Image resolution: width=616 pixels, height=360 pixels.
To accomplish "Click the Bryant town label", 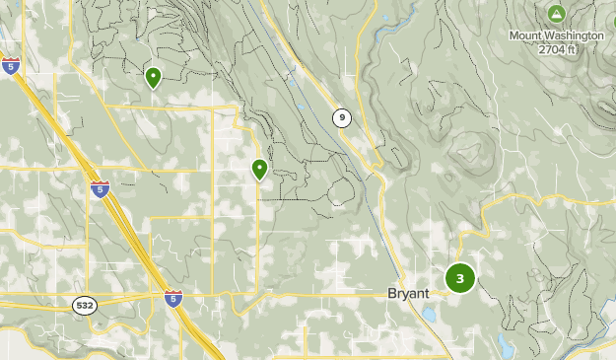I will coord(407,294).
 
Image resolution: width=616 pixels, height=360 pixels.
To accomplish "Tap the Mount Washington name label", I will coord(556,36).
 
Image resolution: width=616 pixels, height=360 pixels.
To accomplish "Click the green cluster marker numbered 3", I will coord(460,278).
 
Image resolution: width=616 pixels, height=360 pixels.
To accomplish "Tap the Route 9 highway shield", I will coord(341,118).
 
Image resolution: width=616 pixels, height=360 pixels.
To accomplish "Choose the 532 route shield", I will coord(84,306).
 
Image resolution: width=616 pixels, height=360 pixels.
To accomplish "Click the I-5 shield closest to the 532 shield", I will coord(173,298).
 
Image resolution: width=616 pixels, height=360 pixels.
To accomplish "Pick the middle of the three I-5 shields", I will coord(100,189).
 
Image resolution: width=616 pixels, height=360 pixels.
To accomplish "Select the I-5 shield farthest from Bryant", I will coord(11,66).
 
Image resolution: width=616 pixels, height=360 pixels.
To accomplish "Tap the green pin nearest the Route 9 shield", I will coord(259,169).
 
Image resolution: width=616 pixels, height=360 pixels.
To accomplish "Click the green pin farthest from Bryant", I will coord(153,76).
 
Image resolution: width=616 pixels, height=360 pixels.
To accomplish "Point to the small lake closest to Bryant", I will coord(431,316).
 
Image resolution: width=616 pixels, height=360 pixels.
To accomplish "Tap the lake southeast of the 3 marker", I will coord(505,346).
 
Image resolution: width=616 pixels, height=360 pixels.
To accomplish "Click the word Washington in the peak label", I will coord(572,36).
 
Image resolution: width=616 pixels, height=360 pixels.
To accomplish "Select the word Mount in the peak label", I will coord(524,36).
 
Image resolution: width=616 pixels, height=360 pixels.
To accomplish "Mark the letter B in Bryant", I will coord(390,294).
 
